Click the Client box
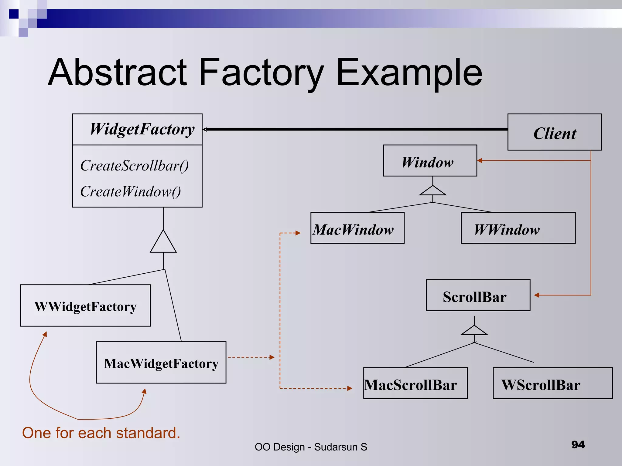(554, 132)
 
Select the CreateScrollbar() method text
(134, 166)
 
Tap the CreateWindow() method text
(130, 192)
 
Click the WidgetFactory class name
(142, 129)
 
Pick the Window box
(430, 161)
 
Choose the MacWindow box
(357, 228)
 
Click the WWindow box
(518, 228)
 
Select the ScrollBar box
(478, 295)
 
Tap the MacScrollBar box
(415, 383)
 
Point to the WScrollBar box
(552, 383)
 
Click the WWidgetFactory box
(85, 306)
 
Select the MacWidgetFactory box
(161, 363)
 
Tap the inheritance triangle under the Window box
(432, 191)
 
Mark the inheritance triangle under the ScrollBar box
(474, 331)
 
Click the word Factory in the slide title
(261, 73)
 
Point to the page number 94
(578, 445)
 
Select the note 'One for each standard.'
(101, 433)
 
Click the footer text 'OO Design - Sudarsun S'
(311, 447)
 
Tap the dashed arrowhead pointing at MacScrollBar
(350, 388)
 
